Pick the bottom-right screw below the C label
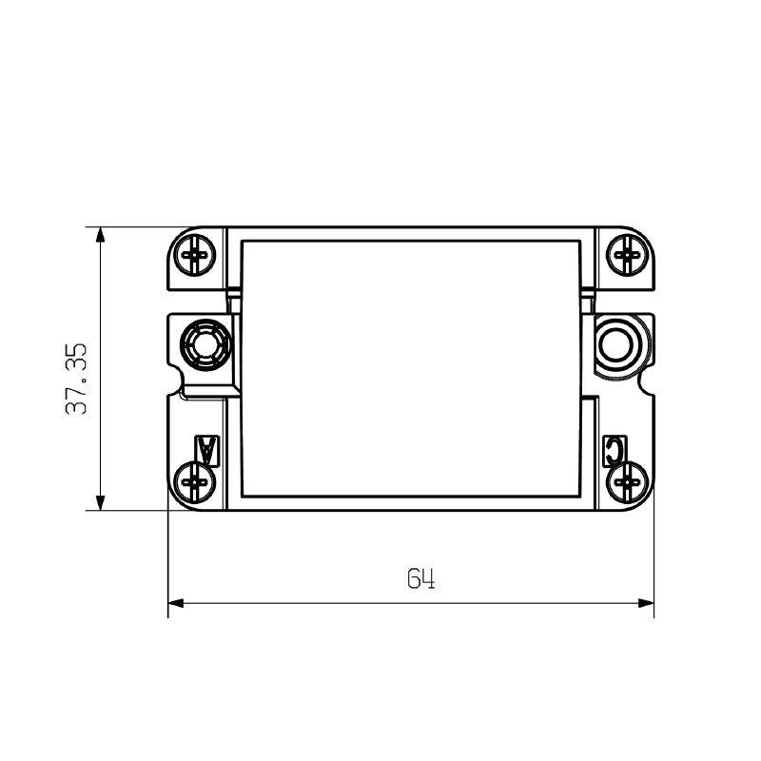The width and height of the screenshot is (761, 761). point(627,481)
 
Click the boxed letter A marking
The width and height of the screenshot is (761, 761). point(206,449)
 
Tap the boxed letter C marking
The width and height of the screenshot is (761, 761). point(615,449)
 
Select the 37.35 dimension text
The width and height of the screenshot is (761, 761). point(77,379)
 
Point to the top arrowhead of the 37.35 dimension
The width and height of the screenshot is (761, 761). point(99,234)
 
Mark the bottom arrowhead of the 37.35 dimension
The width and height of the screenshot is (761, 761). point(99,503)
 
